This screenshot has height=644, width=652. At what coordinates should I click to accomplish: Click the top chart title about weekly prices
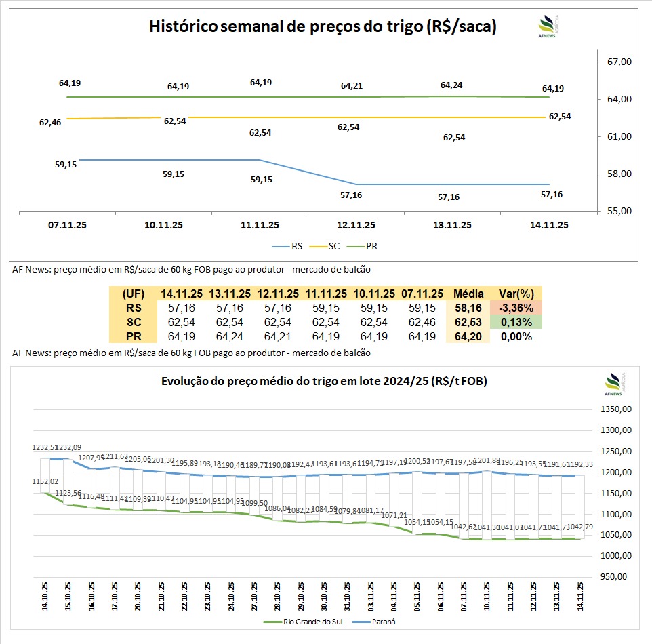pos(323,27)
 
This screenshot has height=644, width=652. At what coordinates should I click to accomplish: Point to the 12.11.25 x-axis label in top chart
pos(356,225)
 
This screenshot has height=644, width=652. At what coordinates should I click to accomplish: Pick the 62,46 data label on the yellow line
pos(50,123)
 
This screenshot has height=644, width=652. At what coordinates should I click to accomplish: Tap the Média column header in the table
pos(468,294)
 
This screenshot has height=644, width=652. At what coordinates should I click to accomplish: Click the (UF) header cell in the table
pos(133,294)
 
